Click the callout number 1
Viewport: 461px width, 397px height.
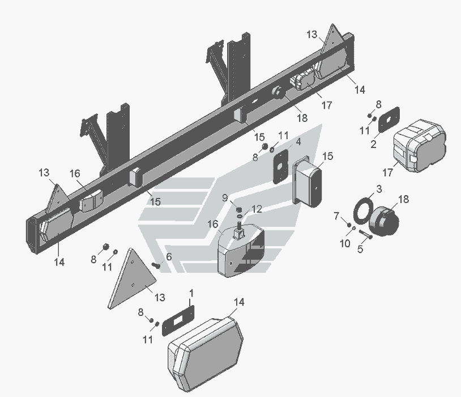click(191, 293)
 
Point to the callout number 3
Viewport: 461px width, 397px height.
click(379, 188)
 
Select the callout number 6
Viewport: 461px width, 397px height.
click(168, 257)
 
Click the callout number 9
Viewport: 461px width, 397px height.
click(225, 197)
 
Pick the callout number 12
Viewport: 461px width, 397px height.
click(256, 209)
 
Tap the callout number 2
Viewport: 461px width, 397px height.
click(373, 144)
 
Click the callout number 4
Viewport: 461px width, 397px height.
click(298, 141)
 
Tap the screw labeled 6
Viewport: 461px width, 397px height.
click(157, 265)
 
